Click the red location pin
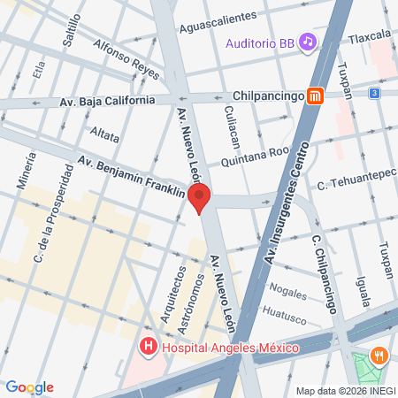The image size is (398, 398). coord(200,199)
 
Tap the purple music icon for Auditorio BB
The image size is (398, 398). coord(307,42)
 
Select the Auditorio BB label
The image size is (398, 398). coord(260,42)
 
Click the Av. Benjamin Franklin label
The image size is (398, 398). coord(131,176)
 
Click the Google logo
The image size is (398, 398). coord(29,387)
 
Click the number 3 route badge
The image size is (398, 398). coord(375,93)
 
